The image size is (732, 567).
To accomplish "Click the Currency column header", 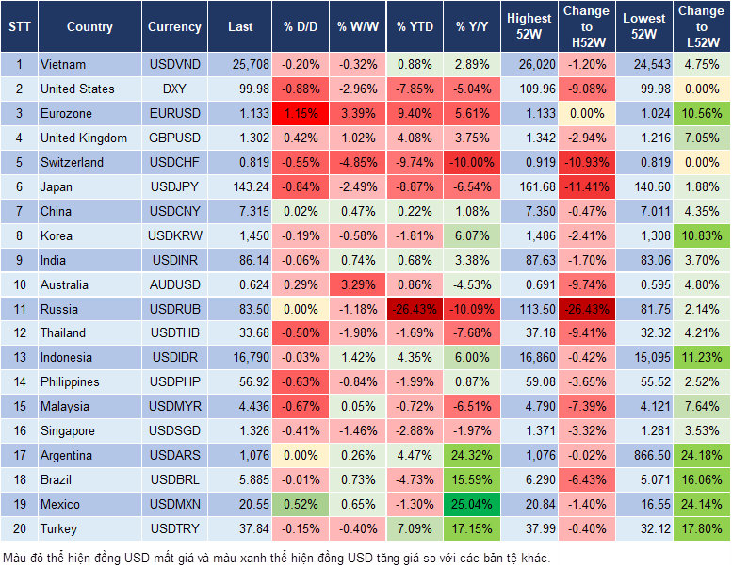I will (174, 27).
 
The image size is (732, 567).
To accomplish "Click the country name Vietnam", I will (63, 65).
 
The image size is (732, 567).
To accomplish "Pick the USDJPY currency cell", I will (174, 186).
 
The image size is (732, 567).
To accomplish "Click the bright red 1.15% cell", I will (301, 114).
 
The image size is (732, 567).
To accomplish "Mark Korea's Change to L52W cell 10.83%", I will (701, 235).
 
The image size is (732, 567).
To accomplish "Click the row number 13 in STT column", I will (19, 358).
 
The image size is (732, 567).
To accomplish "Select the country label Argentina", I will (66, 456).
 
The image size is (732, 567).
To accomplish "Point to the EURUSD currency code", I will (174, 114).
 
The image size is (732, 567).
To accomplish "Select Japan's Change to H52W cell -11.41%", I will (586, 186).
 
